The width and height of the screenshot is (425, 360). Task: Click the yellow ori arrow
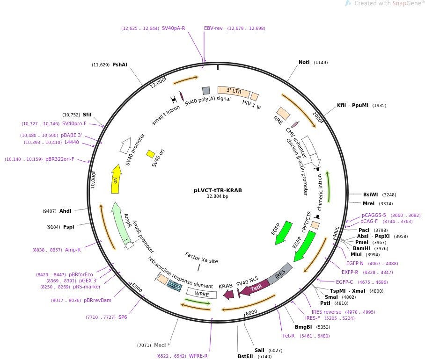coord(116,179)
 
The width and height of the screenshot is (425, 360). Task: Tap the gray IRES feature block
coord(280,274)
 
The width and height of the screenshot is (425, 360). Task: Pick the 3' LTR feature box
coord(234,92)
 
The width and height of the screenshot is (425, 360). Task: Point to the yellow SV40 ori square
coord(150,154)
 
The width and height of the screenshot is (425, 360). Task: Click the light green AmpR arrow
coord(120,223)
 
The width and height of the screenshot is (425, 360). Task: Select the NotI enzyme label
coord(304,62)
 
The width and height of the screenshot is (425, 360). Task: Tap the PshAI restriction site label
coord(119,65)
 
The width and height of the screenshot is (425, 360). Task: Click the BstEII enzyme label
coord(245,356)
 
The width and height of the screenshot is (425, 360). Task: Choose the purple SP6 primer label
coord(123,317)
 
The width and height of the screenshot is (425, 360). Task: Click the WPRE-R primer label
coord(198,356)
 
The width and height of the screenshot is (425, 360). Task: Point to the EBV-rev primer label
coord(213,28)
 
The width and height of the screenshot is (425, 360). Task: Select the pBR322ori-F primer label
coord(59,159)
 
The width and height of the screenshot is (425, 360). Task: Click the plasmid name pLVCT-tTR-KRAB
coord(218,190)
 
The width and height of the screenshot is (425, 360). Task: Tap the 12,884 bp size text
coord(217,196)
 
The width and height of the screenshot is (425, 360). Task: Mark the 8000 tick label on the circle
coord(137,288)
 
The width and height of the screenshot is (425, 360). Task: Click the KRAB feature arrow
coord(228,295)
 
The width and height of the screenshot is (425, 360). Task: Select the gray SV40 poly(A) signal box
coord(206,91)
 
